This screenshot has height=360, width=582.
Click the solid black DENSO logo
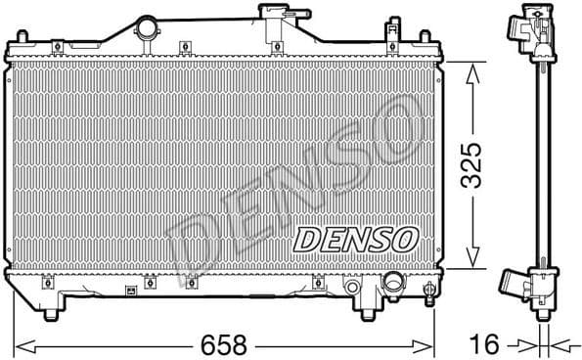click(356, 238)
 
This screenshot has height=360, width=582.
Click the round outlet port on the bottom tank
click(394, 284)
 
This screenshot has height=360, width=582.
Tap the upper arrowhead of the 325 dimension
click(473, 68)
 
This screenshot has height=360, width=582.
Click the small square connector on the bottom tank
click(131, 290)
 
